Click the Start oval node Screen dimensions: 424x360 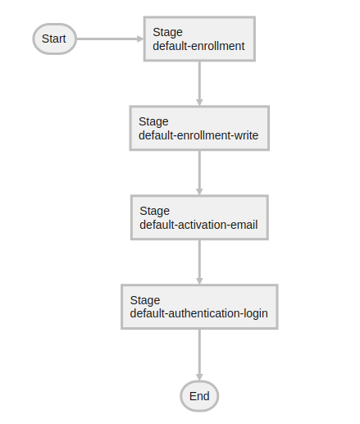click(x=54, y=39)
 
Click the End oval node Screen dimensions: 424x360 click(x=199, y=396)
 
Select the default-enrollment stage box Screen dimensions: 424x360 click(x=199, y=39)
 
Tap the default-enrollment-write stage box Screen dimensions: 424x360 click(x=199, y=128)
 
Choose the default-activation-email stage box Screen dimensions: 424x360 click(x=199, y=217)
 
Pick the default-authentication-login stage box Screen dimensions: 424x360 click(x=199, y=307)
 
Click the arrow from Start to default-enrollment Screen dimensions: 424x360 click(x=109, y=39)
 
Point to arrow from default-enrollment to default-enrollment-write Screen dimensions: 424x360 click(x=199, y=82)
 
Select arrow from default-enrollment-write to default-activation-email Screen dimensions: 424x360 click(x=199, y=171)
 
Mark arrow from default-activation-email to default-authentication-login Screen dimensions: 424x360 click(x=199, y=261)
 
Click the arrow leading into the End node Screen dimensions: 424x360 click(x=199, y=353)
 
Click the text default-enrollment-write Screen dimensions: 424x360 click(x=198, y=135)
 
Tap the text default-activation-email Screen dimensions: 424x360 click(x=198, y=225)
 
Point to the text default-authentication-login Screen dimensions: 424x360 click(x=198, y=314)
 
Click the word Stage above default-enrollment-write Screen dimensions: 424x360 click(x=153, y=121)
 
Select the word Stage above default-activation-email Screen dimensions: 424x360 click(x=154, y=211)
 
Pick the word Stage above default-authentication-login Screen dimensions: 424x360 click(x=144, y=300)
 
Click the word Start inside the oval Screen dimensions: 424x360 click(x=54, y=39)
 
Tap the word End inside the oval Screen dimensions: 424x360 click(x=199, y=396)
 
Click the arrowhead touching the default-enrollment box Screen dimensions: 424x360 click(x=139, y=39)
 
